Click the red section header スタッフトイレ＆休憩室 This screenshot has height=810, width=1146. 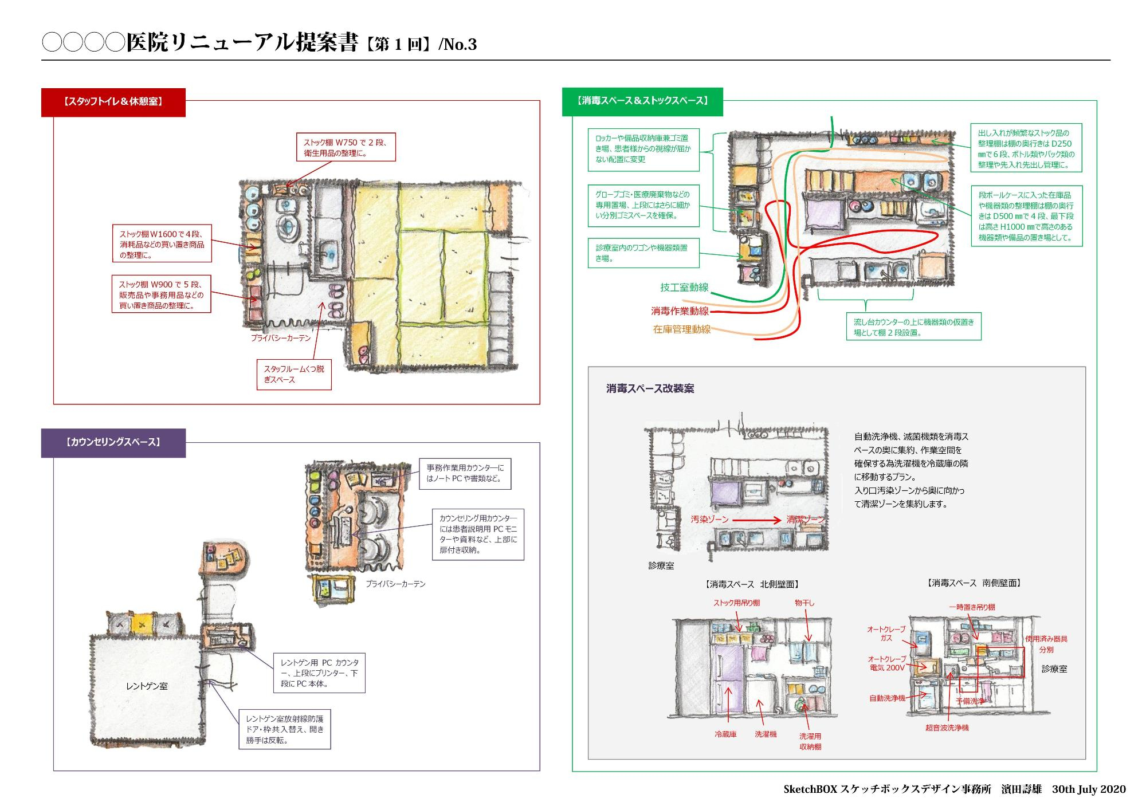pos(113,102)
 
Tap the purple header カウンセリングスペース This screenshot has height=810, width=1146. pos(113,442)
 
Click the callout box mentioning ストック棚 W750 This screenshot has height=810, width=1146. pos(346,148)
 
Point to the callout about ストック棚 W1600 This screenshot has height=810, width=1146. pos(162,244)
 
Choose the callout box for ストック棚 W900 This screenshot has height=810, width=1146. pos(161,294)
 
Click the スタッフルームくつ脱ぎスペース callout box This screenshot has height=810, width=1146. pos(293,374)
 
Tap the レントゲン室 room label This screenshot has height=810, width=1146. pos(147,686)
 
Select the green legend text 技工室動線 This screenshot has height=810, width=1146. pos(684,288)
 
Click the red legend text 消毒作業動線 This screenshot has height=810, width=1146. pos(680,311)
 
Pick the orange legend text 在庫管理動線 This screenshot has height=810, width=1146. pos(682,329)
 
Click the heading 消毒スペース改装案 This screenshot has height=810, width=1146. pos(650,389)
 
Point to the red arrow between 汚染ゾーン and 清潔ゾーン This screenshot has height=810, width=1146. pos(757,520)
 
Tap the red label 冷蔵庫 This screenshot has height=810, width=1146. pos(725,734)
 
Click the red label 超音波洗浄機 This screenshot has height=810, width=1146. pos(947,728)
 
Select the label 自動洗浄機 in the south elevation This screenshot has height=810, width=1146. pos(887,698)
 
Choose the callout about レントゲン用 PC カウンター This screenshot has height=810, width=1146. pos(319,673)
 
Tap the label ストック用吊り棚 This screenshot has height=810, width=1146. pos(736,603)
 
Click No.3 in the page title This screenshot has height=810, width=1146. pos(457,45)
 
